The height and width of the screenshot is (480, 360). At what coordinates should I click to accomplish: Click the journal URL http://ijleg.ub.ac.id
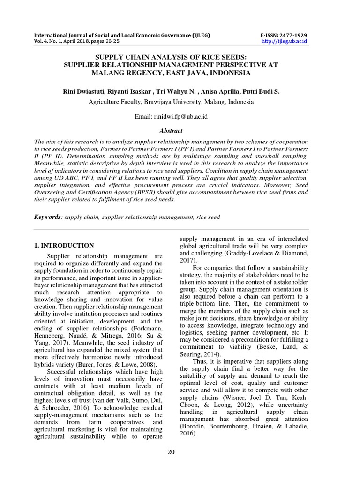285,42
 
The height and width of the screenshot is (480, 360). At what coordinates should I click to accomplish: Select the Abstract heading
171,131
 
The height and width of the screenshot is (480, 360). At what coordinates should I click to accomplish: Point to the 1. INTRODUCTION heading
65,245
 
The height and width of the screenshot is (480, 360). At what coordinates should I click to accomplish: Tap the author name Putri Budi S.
262,91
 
